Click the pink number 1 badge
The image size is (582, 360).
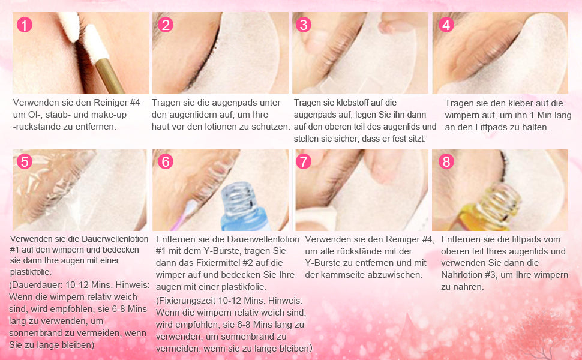[x=25, y=25]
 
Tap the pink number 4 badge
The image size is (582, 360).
[x=446, y=25]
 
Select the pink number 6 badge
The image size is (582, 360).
[x=166, y=162]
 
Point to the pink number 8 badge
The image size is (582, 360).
[x=446, y=162]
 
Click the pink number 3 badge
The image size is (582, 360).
[x=304, y=25]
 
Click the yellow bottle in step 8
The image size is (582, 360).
[x=491, y=208]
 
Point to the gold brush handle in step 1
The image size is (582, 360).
[x=109, y=76]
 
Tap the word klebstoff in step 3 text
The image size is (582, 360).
[x=353, y=103]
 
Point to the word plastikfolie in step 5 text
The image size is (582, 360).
[x=31, y=272]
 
